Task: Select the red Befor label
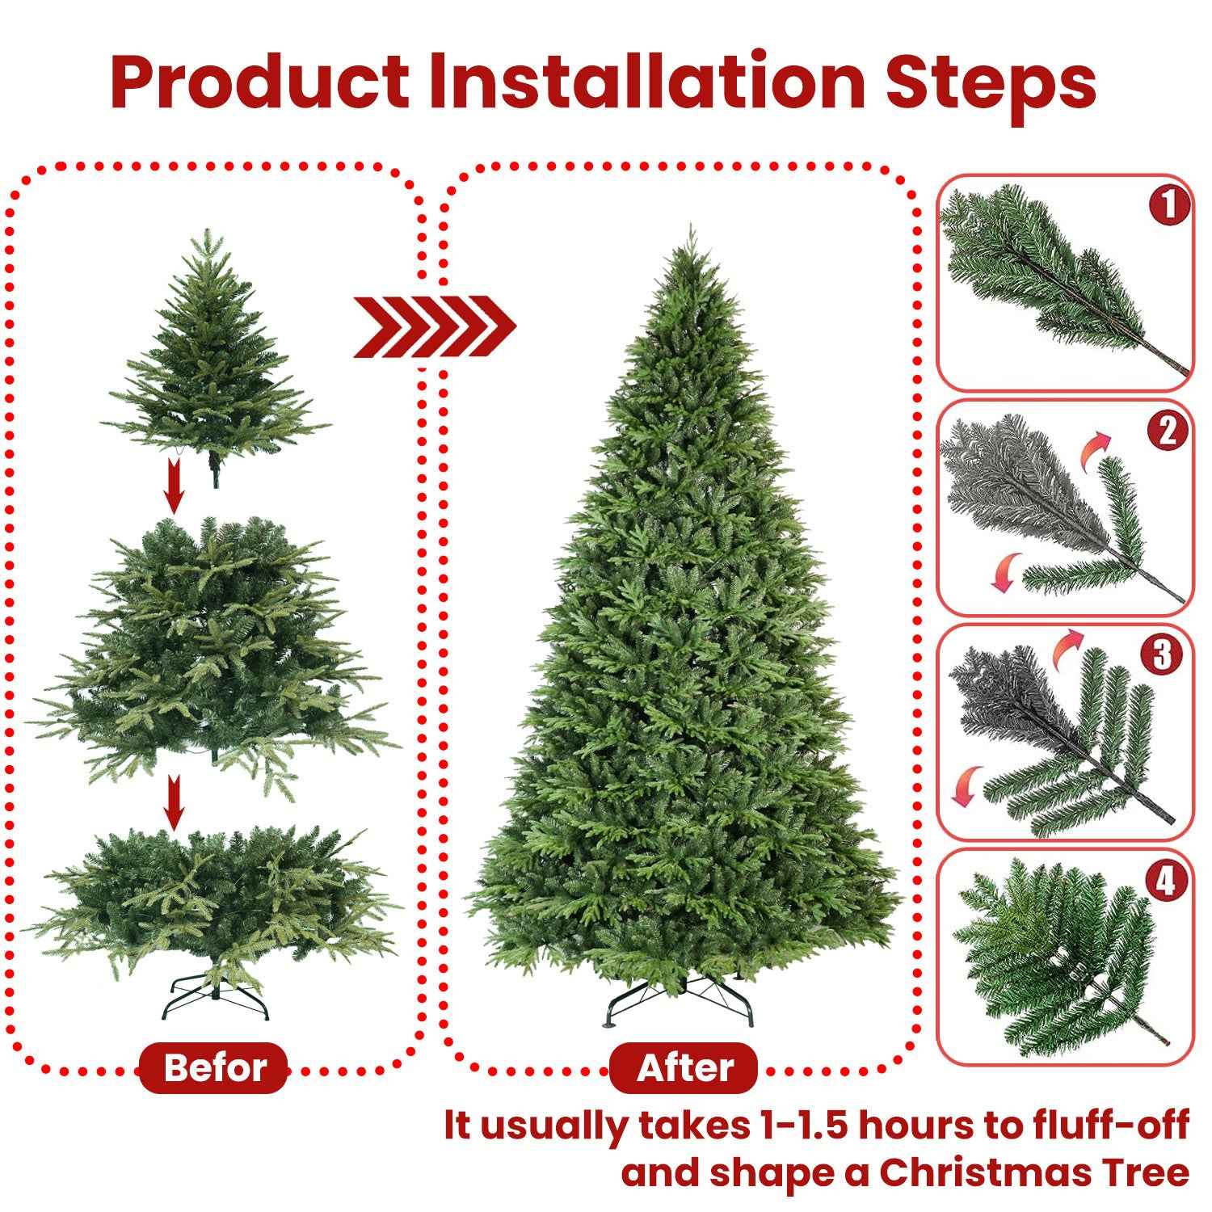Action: (214, 1068)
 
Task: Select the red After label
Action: (684, 1068)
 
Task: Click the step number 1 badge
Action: (1168, 205)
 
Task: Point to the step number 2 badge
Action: (1168, 432)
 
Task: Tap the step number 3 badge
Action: (1162, 655)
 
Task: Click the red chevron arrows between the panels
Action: (435, 326)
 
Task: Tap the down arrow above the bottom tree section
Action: (173, 802)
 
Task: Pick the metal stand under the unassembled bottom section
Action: (214, 999)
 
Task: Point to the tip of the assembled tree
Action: (690, 230)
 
